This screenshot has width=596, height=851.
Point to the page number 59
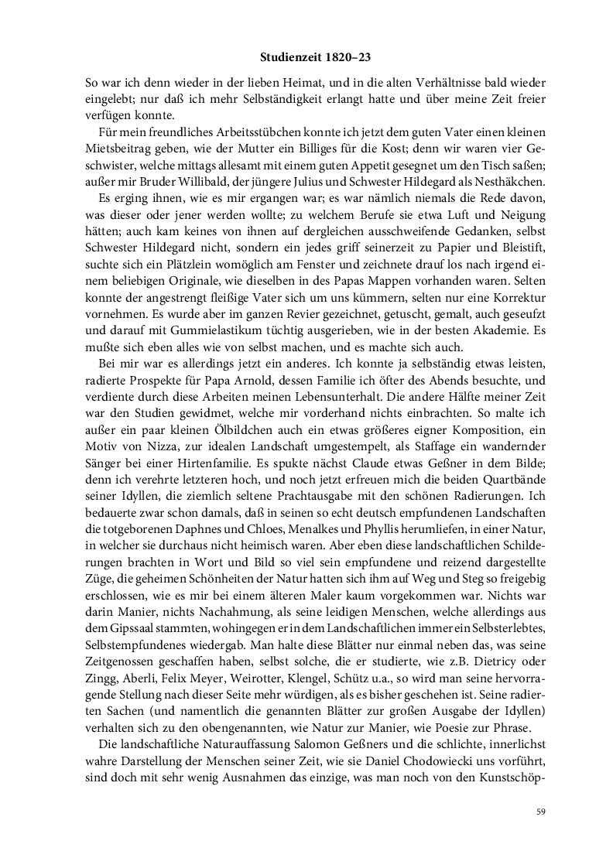pos(541,812)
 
